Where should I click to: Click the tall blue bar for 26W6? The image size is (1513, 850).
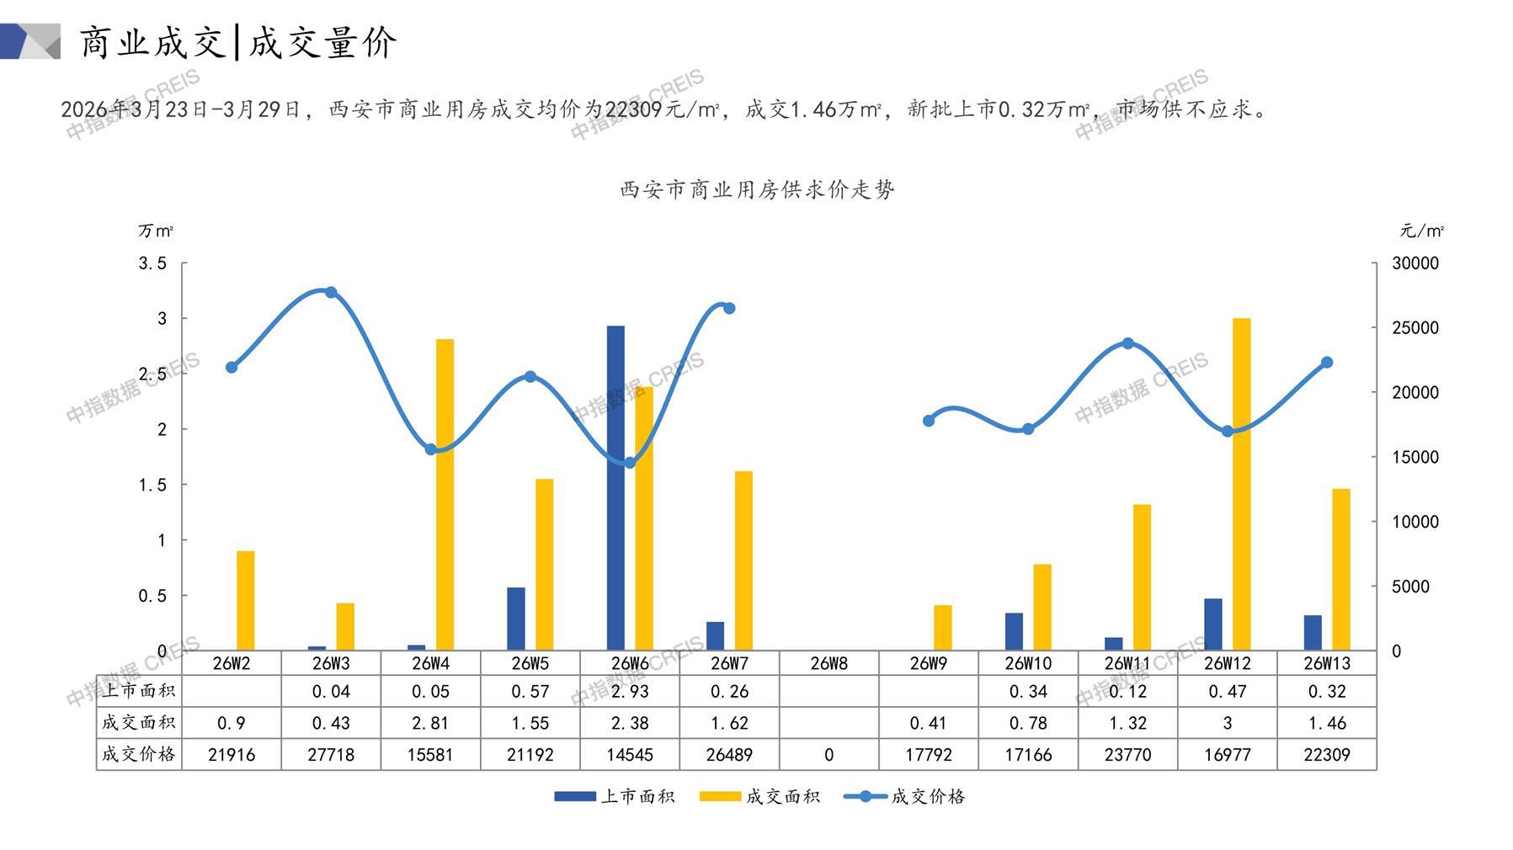tap(615, 488)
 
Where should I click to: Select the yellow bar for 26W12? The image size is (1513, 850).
tap(1241, 484)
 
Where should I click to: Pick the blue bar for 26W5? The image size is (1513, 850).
tap(515, 619)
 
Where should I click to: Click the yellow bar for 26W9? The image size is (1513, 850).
tap(942, 628)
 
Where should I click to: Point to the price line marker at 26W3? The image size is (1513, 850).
tap(331, 293)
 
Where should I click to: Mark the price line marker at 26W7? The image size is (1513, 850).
tap(729, 308)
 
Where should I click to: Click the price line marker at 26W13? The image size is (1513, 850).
tap(1327, 363)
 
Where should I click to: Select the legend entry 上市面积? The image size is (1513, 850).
tap(615, 796)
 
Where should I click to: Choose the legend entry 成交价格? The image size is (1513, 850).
tap(905, 796)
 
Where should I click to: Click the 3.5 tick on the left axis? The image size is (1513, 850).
tap(152, 263)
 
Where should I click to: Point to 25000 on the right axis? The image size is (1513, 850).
tap(1414, 328)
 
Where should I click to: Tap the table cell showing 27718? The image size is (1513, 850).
tap(331, 755)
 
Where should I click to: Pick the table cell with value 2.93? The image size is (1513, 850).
tap(630, 692)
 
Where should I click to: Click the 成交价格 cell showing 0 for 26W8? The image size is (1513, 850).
tap(828, 755)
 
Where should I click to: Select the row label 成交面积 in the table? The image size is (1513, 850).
tap(138, 723)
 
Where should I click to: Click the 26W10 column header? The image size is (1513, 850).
tap(1028, 663)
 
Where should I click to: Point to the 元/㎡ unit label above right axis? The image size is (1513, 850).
tap(1422, 231)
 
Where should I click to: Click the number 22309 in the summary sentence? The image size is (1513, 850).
tap(633, 109)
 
